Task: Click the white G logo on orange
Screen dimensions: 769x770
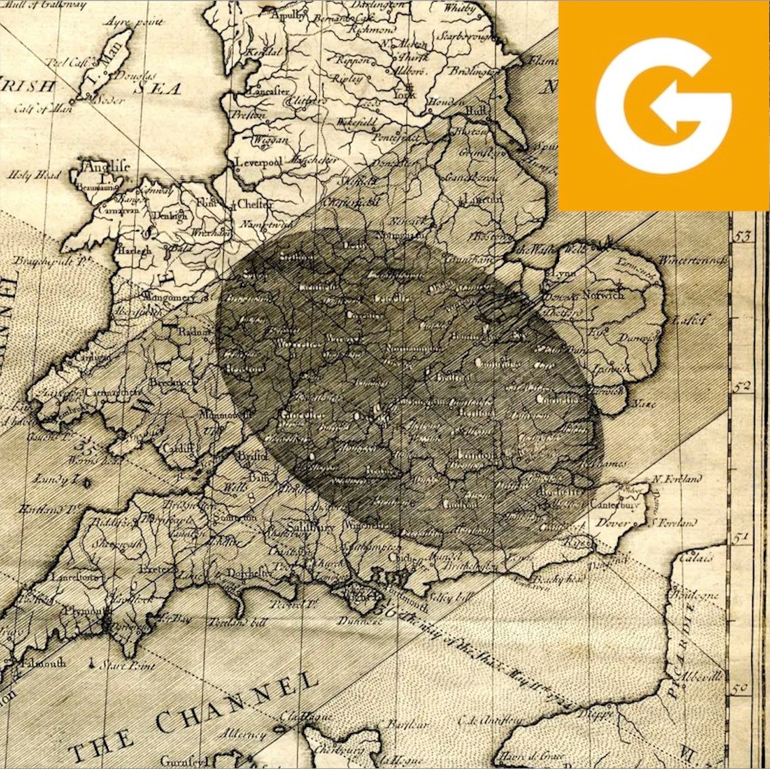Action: pyautogui.click(x=663, y=105)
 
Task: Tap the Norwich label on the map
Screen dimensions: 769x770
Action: pyautogui.click(x=602, y=295)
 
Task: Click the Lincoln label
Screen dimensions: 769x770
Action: pyautogui.click(x=482, y=199)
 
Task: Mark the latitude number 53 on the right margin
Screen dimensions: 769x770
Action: pyautogui.click(x=744, y=236)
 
